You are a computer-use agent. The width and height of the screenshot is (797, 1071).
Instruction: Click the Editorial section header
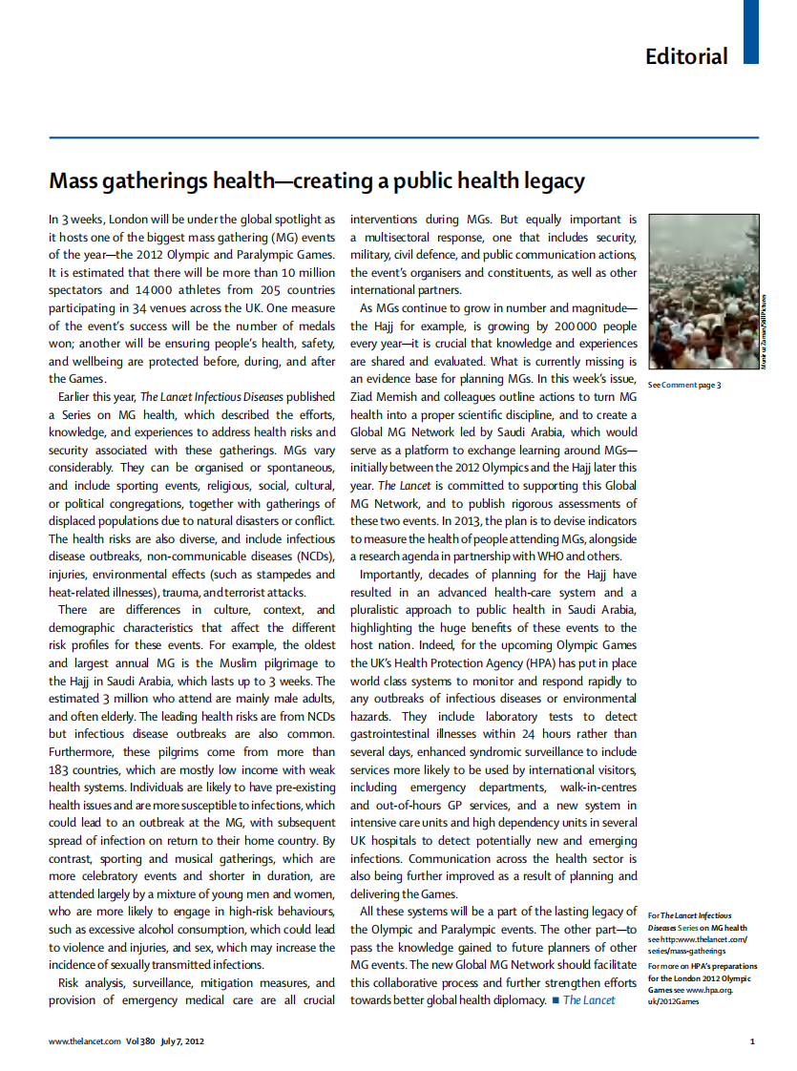(x=685, y=56)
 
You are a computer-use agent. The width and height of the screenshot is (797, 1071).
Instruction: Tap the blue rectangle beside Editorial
(x=750, y=31)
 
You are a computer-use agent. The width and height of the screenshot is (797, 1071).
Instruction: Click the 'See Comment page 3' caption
(x=684, y=385)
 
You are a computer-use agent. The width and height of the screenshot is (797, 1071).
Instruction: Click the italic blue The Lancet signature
(x=589, y=1000)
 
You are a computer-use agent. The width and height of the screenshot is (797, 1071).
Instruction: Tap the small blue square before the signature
(x=554, y=1000)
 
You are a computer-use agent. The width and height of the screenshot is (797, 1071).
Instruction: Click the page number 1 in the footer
(x=752, y=1041)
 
